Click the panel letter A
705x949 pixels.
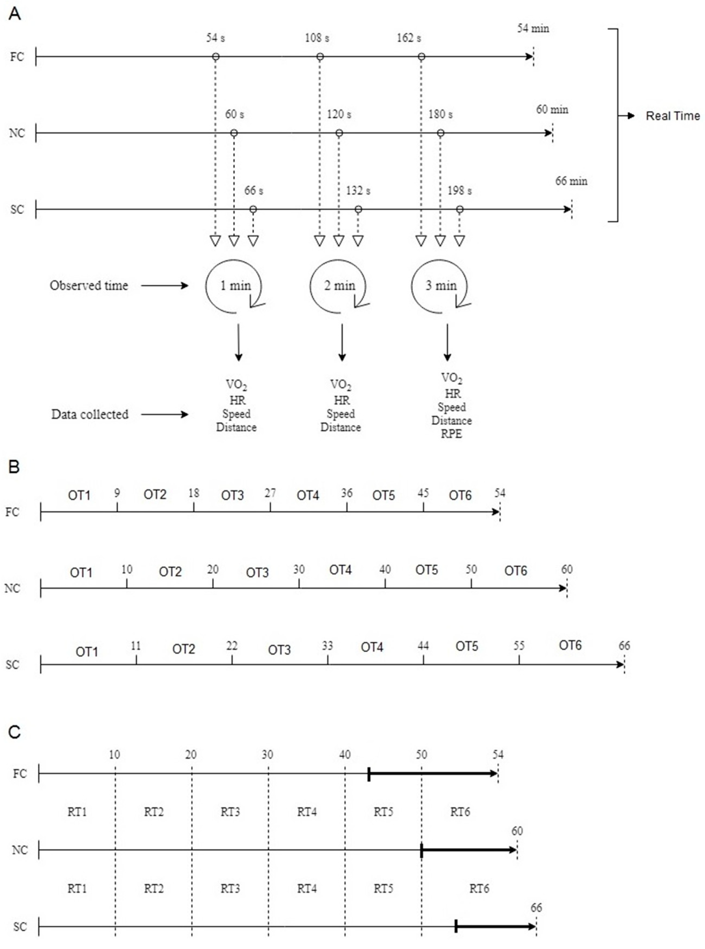pos(15,14)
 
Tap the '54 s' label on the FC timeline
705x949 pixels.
pos(215,38)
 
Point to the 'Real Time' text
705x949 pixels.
pos(673,116)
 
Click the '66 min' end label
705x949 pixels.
pos(571,181)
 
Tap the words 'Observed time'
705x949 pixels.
pos(89,285)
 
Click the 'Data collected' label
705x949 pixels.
pos(90,414)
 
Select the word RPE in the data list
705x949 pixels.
pos(451,434)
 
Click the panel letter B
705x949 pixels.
pos(14,467)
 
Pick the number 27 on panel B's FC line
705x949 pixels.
pos(270,493)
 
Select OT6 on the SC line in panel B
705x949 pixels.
pos(570,645)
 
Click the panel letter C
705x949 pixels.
pos(15,733)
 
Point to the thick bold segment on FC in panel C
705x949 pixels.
pos(431,773)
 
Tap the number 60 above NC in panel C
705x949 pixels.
pos(517,831)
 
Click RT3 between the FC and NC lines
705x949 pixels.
pos(230,812)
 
